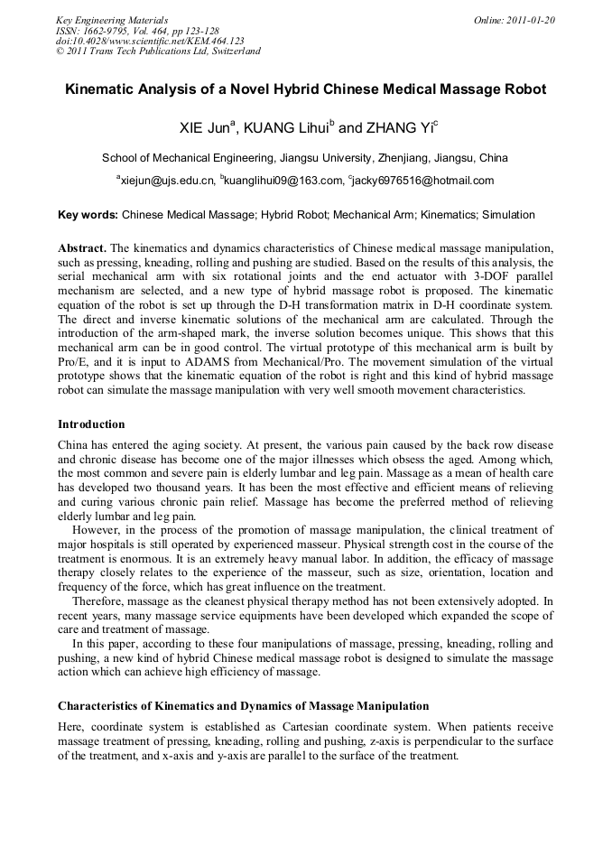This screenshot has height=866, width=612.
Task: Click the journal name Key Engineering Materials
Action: pos(112,19)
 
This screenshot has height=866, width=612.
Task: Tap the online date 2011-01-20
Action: pos(514,19)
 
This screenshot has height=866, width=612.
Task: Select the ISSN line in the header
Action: pos(137,30)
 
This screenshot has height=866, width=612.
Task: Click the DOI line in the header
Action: pos(150,41)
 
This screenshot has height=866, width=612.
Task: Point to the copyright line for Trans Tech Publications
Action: pos(158,51)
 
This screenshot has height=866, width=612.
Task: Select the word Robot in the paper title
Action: pos(524,90)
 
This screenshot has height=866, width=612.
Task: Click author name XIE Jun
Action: pos(207,128)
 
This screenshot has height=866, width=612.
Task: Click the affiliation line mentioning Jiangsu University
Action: pos(305,157)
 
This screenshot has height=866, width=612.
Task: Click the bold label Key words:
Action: pos(88,215)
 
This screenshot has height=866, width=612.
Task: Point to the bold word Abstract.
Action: pos(82,247)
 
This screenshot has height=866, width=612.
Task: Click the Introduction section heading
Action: pos(91,424)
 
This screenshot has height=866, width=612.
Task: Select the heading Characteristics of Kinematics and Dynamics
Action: pos(243,705)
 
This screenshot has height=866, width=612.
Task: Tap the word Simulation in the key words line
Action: pos(508,215)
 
